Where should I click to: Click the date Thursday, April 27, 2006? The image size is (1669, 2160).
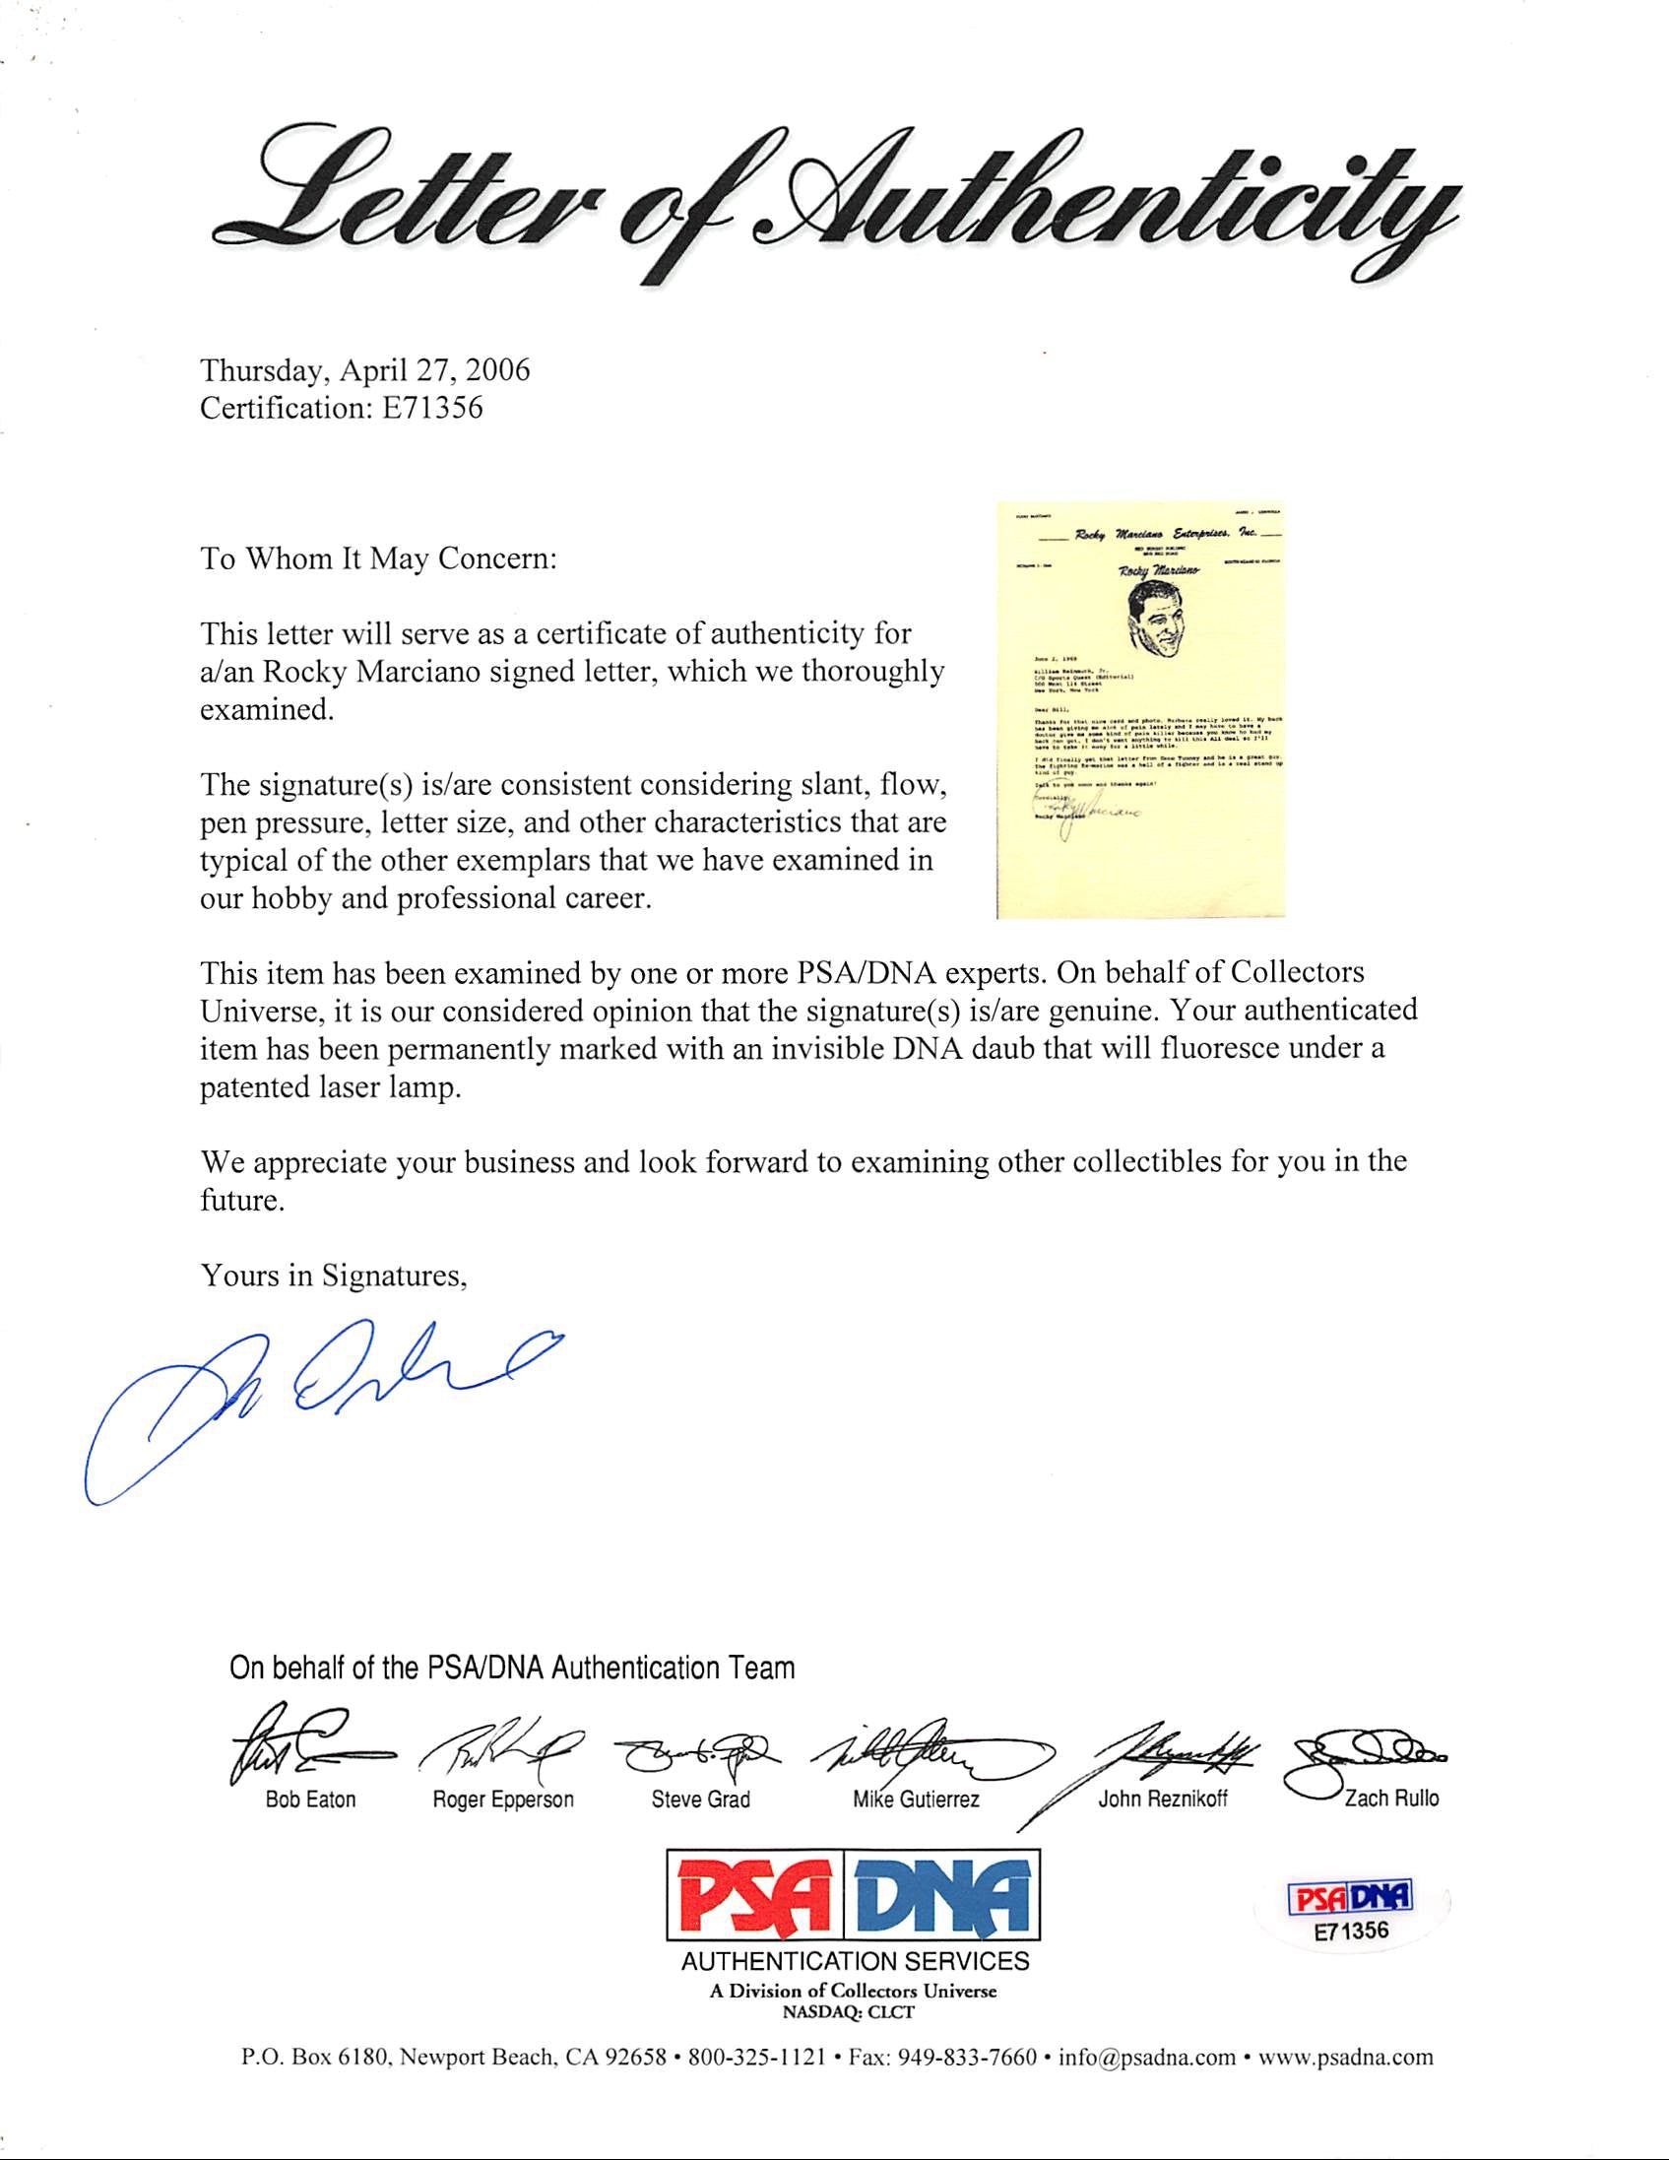point(365,370)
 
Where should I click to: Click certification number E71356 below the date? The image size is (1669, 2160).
point(341,409)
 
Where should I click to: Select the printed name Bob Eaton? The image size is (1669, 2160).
point(310,1799)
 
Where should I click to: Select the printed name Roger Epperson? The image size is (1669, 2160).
point(503,1799)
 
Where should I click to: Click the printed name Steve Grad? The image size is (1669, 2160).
point(700,1799)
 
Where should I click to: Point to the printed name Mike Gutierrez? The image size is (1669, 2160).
point(916,1799)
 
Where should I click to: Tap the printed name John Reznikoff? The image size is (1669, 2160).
point(1163,1799)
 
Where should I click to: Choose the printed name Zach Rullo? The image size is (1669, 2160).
point(1390,1799)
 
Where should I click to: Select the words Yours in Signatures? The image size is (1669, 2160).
point(333,1276)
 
